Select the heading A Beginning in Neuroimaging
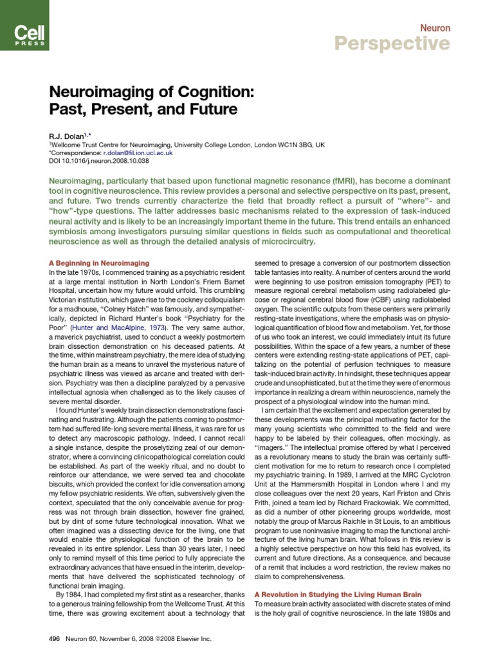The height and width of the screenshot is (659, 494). [99, 263]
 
